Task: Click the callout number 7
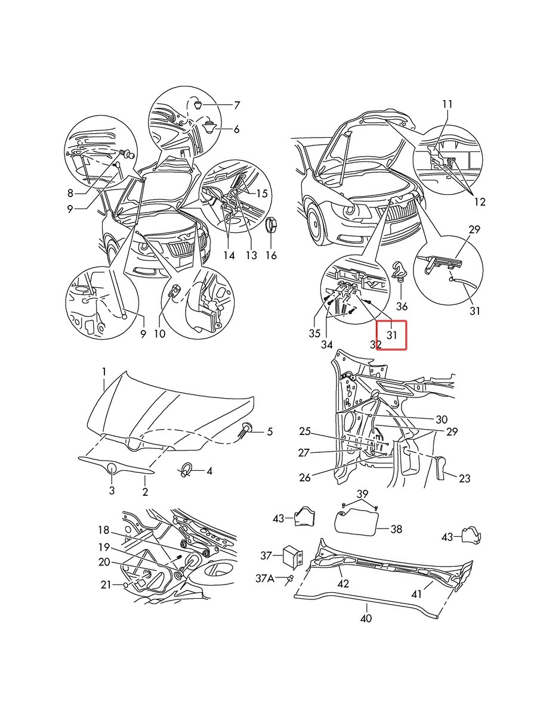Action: pyautogui.click(x=236, y=105)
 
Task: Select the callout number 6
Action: pyautogui.click(x=236, y=129)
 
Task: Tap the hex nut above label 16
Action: pyautogui.click(x=271, y=224)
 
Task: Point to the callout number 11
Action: pyautogui.click(x=447, y=104)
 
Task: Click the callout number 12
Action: pyautogui.click(x=479, y=202)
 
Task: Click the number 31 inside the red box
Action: pyautogui.click(x=391, y=334)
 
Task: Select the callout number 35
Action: pyautogui.click(x=315, y=334)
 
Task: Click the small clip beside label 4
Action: pyautogui.click(x=186, y=471)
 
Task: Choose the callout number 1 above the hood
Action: pyautogui.click(x=104, y=372)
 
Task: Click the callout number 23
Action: pyautogui.click(x=464, y=478)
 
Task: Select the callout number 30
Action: pyautogui.click(x=442, y=419)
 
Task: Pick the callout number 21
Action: pyautogui.click(x=106, y=585)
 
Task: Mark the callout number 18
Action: pyautogui.click(x=104, y=530)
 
